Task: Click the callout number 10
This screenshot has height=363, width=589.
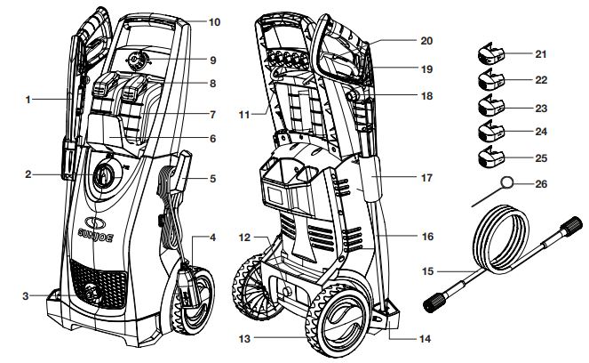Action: (x=213, y=20)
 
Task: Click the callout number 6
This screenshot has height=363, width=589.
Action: (x=213, y=138)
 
